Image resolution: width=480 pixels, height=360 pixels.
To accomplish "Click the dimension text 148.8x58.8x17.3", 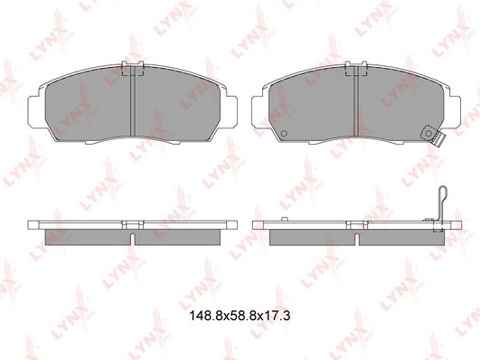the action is [x=240, y=316].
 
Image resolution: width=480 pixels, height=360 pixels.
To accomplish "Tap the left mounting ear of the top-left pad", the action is [x=33, y=111].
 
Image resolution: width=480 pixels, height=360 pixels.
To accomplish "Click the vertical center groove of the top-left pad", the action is [x=133, y=101].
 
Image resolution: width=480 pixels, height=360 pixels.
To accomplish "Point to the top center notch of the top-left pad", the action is [x=133, y=68].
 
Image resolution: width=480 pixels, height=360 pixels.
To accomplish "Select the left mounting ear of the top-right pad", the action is [x=258, y=111].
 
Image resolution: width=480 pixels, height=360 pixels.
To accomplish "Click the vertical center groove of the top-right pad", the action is [x=356, y=101].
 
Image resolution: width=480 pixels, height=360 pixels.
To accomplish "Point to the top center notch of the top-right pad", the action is [x=356, y=68].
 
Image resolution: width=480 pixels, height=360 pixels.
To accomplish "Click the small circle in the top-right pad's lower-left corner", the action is [x=284, y=133].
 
